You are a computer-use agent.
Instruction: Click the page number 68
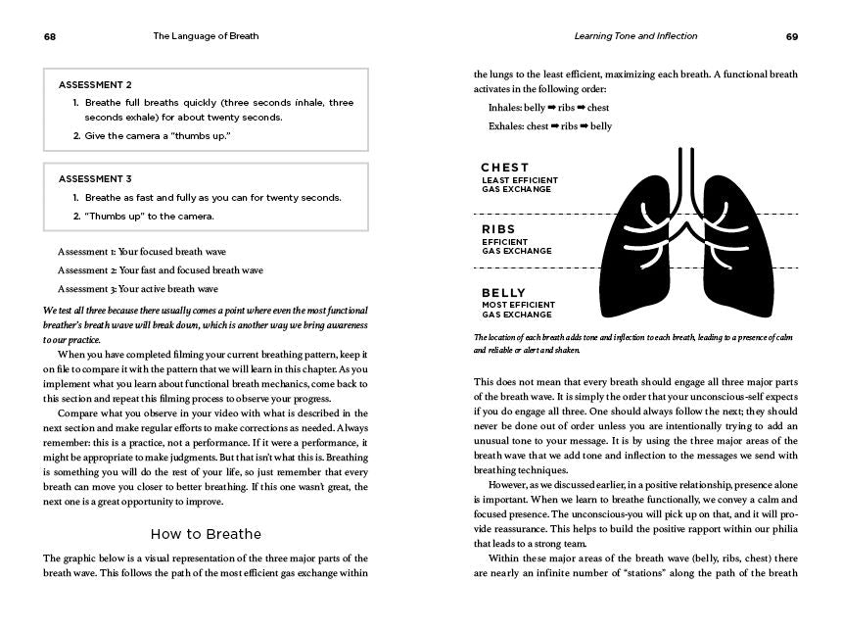tap(49, 36)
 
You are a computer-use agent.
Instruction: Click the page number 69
tap(792, 36)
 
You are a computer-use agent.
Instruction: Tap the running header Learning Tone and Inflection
tap(635, 36)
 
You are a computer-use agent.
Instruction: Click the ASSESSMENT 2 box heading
tap(95, 85)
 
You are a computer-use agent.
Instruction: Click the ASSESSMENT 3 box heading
tap(95, 179)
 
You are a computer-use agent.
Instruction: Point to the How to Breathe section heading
tap(206, 534)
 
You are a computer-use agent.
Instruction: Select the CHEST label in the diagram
tap(505, 168)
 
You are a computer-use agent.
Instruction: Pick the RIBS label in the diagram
tap(498, 229)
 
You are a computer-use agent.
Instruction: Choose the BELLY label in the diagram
tap(503, 293)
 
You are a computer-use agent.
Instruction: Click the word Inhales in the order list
tap(504, 108)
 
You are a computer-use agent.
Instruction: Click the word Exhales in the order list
tap(505, 126)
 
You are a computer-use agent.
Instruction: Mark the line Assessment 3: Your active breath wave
tap(138, 289)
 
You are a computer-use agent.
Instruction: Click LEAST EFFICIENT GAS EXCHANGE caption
tap(519, 185)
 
